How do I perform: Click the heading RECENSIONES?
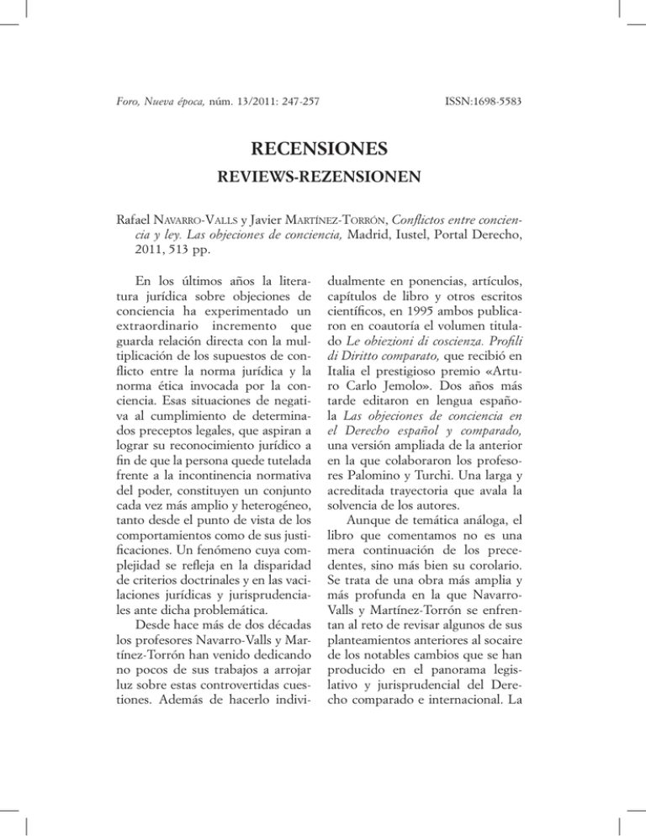(x=322, y=150)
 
